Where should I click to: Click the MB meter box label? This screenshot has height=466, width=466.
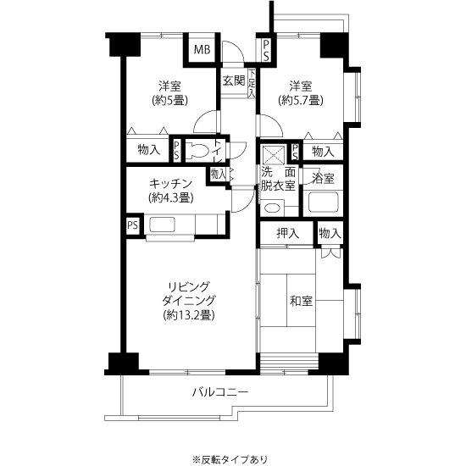point(202,50)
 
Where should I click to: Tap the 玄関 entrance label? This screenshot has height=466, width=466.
point(234,80)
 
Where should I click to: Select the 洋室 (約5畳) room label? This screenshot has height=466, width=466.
point(169,93)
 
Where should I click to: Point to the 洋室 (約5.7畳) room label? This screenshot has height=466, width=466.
point(301,93)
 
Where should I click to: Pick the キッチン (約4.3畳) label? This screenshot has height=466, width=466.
point(170,191)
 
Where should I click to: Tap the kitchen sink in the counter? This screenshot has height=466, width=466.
point(162,225)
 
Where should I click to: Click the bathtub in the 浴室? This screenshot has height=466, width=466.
point(324,202)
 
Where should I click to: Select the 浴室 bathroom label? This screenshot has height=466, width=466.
point(323,178)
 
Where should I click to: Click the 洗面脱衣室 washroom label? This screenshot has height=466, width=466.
point(278,179)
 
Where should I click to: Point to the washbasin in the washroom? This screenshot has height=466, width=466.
point(272,208)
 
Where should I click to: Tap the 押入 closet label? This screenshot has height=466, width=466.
point(287,233)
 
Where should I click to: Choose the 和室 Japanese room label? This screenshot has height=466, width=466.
point(301,301)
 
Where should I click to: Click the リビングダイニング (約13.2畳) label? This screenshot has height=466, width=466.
point(188,301)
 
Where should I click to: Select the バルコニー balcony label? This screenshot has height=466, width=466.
point(220,392)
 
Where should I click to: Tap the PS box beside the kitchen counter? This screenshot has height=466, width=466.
point(133,225)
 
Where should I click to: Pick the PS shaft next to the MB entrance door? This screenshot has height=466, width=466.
point(266,51)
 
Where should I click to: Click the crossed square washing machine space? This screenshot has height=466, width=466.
point(274,155)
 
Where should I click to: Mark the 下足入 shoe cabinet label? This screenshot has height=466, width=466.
point(252,83)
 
